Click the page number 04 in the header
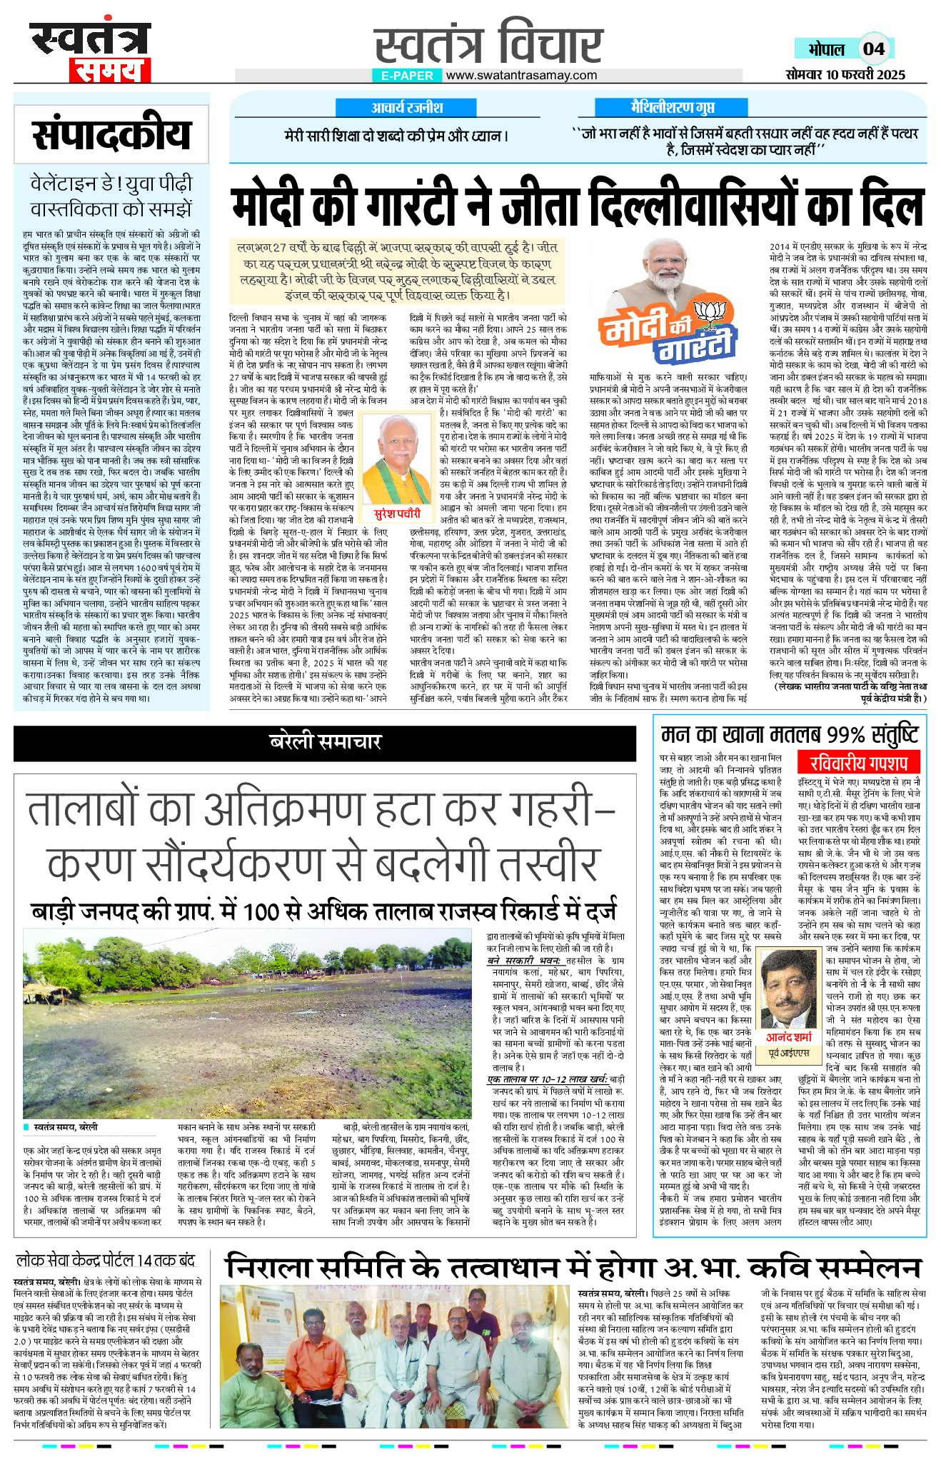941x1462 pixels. pyautogui.click(x=874, y=49)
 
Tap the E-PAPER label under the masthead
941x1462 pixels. pyautogui.click(x=407, y=75)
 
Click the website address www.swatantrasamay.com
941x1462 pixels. pyautogui.click(x=521, y=75)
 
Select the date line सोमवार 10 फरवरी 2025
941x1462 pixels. pyautogui.click(x=845, y=74)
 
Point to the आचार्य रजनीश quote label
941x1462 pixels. pyautogui.click(x=407, y=108)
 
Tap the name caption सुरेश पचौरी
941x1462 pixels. pyautogui.click(x=398, y=514)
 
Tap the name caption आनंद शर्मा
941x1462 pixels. pyautogui.click(x=789, y=1036)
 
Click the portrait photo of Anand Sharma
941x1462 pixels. pyautogui.click(x=789, y=988)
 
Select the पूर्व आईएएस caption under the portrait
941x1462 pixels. pyautogui.click(x=789, y=1053)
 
